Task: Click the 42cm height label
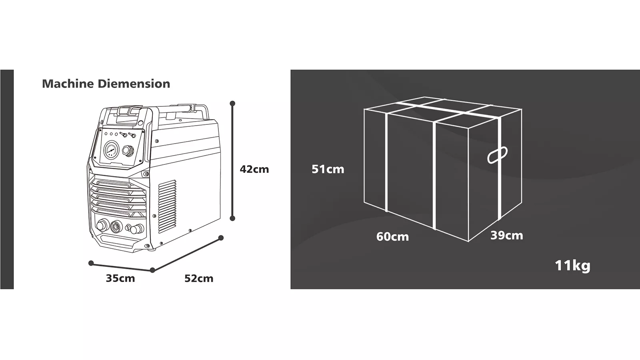point(254,169)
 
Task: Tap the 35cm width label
point(120,278)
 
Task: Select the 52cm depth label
point(199,278)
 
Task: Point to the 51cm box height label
point(328,169)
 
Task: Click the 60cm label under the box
point(392,236)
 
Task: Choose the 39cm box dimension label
point(507,236)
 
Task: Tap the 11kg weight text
point(572,266)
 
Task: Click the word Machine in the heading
point(68,84)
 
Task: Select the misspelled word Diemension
point(134,84)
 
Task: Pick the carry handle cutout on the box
point(498,155)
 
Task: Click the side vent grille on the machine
point(167,206)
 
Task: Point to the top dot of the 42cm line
point(232,104)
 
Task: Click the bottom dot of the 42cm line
point(232,218)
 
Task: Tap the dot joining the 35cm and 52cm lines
point(152,270)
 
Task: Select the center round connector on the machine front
point(116,226)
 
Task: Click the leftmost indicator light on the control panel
point(106,134)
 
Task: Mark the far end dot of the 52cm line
point(220,238)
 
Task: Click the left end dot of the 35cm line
point(91,263)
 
